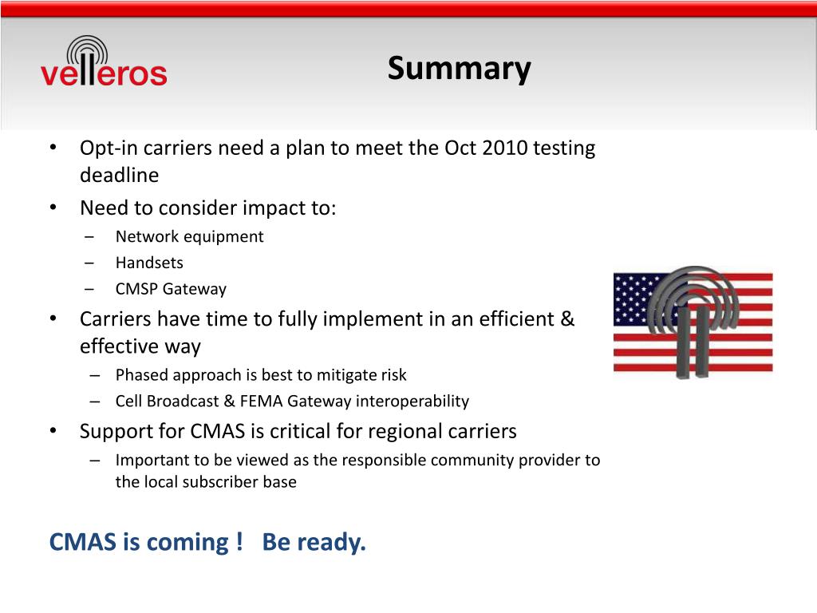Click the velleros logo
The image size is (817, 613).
pyautogui.click(x=104, y=61)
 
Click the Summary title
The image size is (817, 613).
pyautogui.click(x=459, y=69)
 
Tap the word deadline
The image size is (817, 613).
pyautogui.click(x=120, y=175)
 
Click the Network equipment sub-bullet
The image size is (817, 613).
pyautogui.click(x=190, y=236)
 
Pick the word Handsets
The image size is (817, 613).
pyautogui.click(x=149, y=263)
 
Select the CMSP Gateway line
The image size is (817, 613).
pyautogui.click(x=171, y=289)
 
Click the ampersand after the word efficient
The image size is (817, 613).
pyautogui.click(x=567, y=319)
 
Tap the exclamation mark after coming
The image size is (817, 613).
pyautogui.click(x=239, y=541)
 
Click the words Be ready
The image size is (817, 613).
pyautogui.click(x=314, y=542)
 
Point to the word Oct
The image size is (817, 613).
pyautogui.click(x=460, y=148)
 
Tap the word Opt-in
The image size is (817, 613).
pyautogui.click(x=109, y=148)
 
